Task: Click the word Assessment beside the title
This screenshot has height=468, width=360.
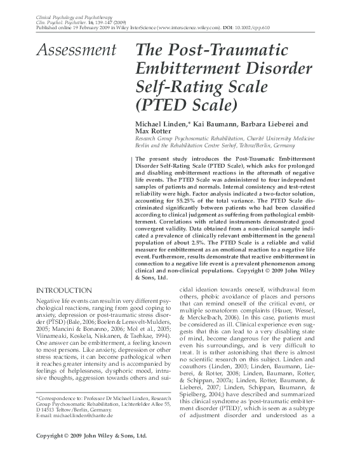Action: (76, 49)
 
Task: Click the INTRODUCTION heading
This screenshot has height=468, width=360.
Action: (63, 290)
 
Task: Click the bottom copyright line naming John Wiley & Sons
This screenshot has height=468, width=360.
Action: (91, 454)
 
